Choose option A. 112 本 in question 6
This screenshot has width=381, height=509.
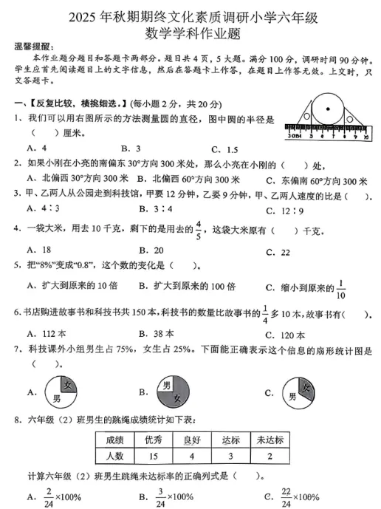pos(46,333)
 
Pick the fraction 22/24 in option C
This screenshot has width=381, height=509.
pos(284,496)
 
